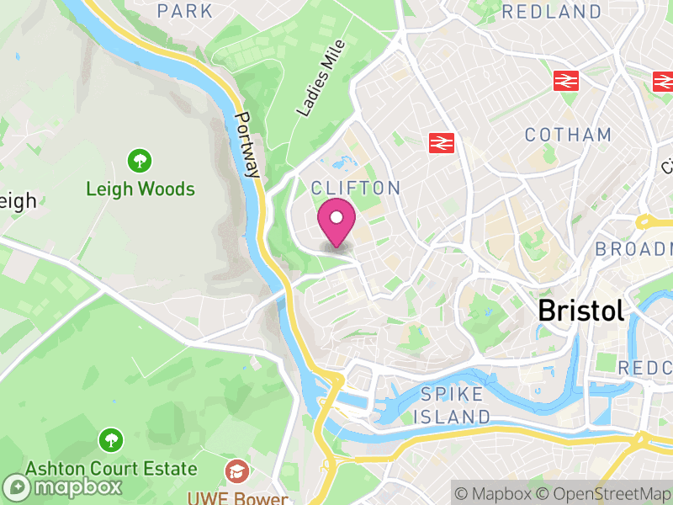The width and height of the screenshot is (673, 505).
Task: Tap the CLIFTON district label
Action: pos(354,187)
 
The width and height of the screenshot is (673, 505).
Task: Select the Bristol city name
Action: pos(581,310)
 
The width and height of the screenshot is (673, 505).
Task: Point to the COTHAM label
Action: pos(568,135)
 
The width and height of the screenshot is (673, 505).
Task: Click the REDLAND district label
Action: pos(552,12)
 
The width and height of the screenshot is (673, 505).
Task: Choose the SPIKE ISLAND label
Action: pos(453,405)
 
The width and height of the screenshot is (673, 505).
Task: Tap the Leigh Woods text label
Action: pos(140,189)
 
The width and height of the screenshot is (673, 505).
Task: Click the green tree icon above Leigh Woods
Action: pos(139,159)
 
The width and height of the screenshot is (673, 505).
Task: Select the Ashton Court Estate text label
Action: pos(110,468)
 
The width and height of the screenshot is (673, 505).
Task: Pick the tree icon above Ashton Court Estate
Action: pos(109,439)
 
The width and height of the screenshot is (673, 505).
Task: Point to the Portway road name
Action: pos(248,145)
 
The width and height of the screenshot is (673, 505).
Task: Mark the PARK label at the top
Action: pos(185,11)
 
